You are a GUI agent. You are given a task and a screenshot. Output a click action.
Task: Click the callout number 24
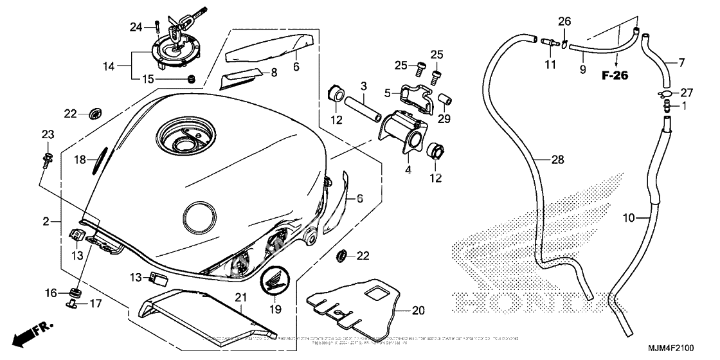point(136,26)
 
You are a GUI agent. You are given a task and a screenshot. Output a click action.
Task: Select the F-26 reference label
point(615,75)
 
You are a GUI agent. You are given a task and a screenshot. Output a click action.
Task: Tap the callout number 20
point(419,310)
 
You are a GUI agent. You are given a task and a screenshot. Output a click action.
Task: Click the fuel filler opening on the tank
point(186,137)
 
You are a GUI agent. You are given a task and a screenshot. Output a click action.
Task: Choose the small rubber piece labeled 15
point(190,79)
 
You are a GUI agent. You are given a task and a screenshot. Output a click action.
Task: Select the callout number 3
point(363,85)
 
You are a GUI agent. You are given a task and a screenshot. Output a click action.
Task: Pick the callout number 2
point(46,222)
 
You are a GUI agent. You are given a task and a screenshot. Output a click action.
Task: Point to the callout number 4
point(408,169)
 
